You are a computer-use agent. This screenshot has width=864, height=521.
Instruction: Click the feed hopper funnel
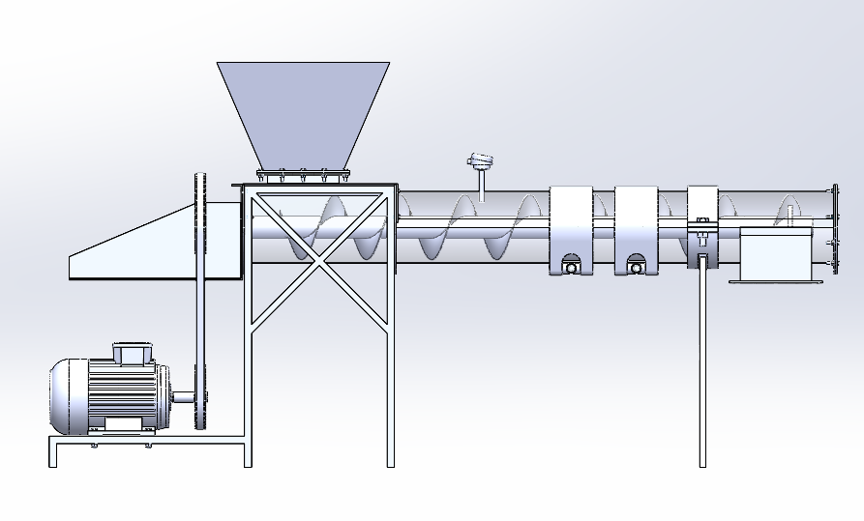click(302, 111)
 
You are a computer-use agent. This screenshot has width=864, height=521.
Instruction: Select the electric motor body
click(106, 394)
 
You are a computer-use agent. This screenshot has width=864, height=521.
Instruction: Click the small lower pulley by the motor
click(201, 395)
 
